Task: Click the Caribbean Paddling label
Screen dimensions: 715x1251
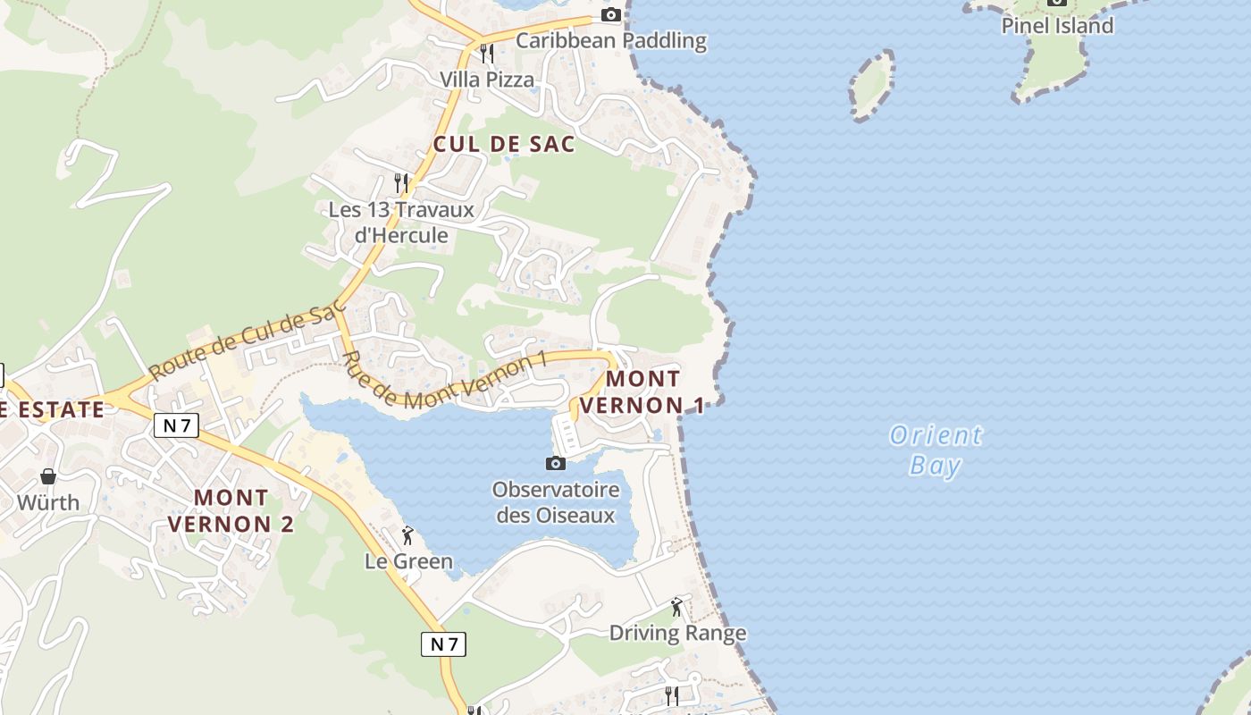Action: pos(611,40)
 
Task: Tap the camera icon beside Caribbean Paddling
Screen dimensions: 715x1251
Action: pos(611,14)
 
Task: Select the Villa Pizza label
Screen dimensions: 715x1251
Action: pos(487,80)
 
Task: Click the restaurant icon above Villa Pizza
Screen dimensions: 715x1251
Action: pos(487,54)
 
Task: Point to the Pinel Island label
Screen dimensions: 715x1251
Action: pos(1057,25)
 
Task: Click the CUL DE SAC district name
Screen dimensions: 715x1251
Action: pos(504,144)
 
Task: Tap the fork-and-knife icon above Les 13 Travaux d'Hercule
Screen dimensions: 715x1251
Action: pos(401,183)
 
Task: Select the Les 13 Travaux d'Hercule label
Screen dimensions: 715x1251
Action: pos(401,223)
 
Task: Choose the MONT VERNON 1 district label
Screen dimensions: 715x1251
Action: pos(642,391)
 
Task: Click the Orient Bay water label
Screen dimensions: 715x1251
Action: pos(936,450)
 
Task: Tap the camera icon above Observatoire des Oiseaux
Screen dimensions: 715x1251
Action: pos(556,463)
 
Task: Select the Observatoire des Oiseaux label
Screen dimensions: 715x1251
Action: pos(556,502)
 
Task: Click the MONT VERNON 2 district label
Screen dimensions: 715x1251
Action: pos(231,510)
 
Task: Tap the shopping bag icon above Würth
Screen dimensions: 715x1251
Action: pos(48,476)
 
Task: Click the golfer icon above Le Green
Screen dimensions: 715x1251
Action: pos(408,535)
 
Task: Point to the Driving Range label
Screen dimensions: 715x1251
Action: pos(677,634)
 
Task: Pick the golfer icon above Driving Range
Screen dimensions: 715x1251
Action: pos(677,608)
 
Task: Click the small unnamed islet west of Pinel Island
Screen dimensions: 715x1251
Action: pos(872,86)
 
